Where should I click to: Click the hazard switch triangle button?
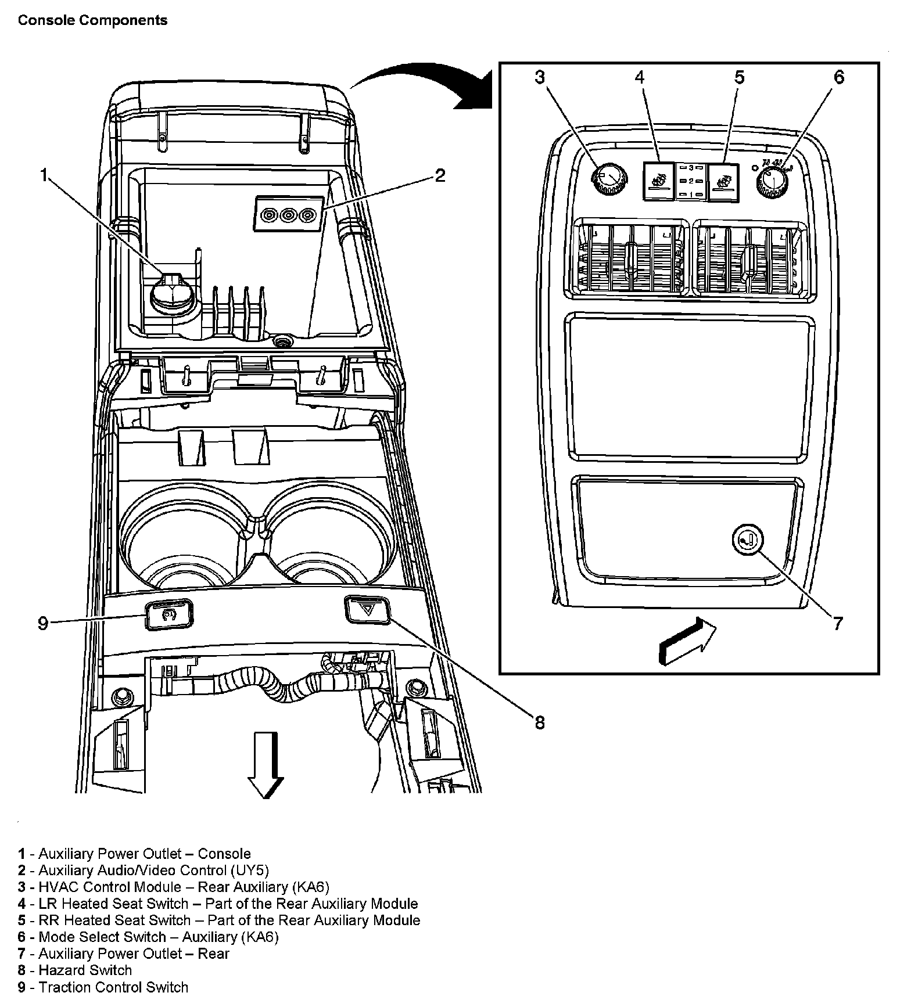tap(367, 610)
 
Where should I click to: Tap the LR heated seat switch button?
tap(659, 181)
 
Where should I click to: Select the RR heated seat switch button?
tap(723, 181)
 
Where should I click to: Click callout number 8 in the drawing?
tap(540, 723)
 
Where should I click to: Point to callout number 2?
tap(440, 175)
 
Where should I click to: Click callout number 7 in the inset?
tap(837, 624)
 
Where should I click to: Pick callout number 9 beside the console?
tap(43, 624)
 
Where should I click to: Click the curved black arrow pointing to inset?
tap(424, 87)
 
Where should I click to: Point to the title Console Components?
tap(93, 20)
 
